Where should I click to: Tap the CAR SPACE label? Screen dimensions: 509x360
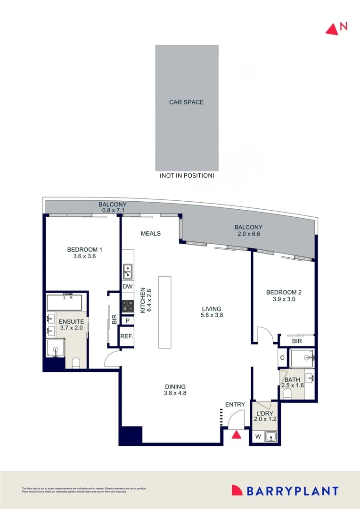point(187,102)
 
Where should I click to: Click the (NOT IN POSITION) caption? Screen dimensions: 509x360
point(187,175)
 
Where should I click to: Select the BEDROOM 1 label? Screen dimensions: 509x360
point(85,253)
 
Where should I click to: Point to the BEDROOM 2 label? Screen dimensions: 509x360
point(283,296)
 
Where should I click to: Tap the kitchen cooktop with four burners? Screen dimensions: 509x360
point(128,305)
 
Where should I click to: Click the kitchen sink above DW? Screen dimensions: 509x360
point(128,271)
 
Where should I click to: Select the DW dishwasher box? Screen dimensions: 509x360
point(128,287)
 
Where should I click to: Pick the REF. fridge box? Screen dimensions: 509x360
point(127,337)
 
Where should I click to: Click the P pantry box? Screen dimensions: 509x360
point(127,320)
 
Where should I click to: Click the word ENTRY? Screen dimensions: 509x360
point(235,404)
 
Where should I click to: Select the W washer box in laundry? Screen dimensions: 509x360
point(258,437)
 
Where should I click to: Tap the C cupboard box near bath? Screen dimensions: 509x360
point(282,358)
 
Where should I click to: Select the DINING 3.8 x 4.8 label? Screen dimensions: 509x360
point(175,389)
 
